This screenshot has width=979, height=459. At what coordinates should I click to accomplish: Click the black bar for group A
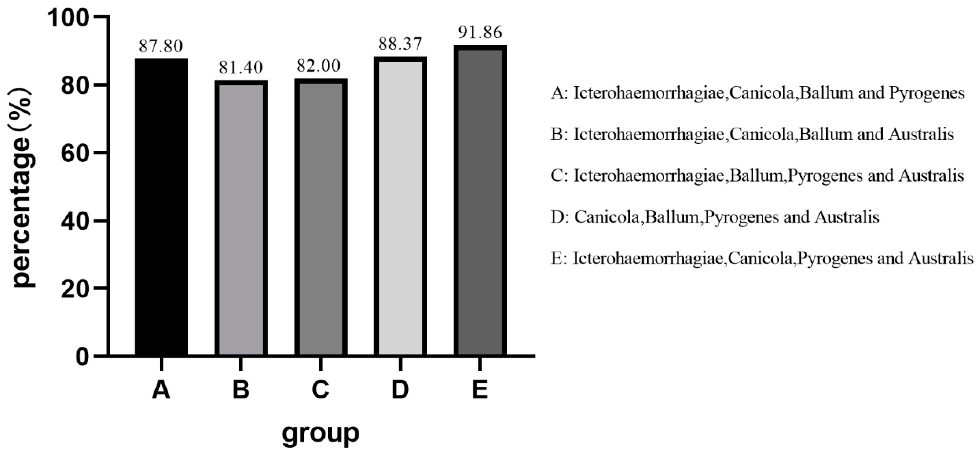pyautogui.click(x=161, y=207)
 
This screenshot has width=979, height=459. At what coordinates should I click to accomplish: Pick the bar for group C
pyautogui.click(x=321, y=217)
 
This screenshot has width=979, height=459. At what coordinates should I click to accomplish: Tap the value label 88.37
pyautogui.click(x=400, y=44)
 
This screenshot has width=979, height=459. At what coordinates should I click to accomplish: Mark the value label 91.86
pyautogui.click(x=480, y=33)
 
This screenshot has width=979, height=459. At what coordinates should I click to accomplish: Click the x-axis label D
pyautogui.click(x=400, y=390)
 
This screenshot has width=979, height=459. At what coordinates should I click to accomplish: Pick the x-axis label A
pyautogui.click(x=161, y=390)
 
